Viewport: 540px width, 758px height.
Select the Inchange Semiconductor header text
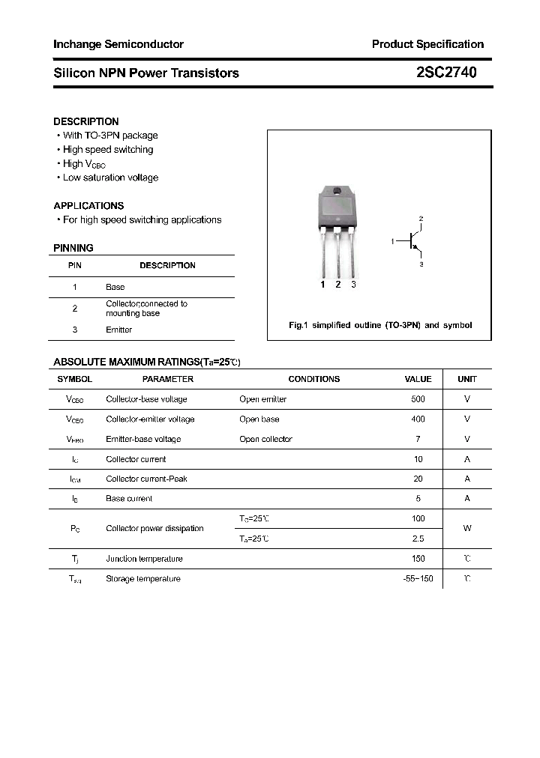coord(118,44)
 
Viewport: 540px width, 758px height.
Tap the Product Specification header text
coord(427,44)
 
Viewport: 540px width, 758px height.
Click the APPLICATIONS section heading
coord(88,205)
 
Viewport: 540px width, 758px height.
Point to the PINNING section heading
coord(73,248)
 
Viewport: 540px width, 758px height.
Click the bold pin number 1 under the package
coord(322,285)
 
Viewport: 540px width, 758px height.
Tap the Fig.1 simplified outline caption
coord(380,326)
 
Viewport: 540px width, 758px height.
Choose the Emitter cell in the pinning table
coord(118,330)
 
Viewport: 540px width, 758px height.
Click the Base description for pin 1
coord(115,287)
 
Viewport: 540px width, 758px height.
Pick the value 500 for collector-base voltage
coord(418,399)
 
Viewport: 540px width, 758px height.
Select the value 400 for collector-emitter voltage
coord(418,419)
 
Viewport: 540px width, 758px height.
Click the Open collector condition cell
coord(265,439)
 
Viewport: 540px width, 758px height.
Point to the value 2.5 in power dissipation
coord(418,539)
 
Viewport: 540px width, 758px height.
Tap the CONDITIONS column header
coord(313,379)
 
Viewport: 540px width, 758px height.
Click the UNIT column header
coord(467,379)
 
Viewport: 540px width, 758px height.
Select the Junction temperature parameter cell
coord(144,559)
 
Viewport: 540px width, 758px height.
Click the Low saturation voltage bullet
coord(110,178)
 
